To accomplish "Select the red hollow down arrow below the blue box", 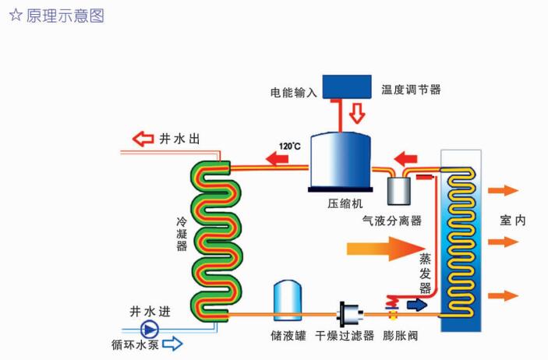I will [357, 114].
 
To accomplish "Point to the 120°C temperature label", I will [290, 146].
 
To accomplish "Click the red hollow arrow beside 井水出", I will [143, 139].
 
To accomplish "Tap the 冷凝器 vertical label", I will [182, 234].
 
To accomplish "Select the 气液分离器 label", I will [390, 221].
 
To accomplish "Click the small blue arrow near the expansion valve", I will [417, 305].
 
